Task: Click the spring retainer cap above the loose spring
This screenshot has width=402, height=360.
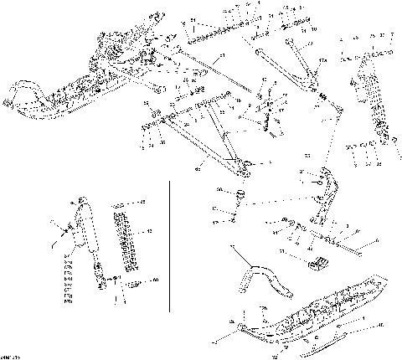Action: point(122,203)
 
